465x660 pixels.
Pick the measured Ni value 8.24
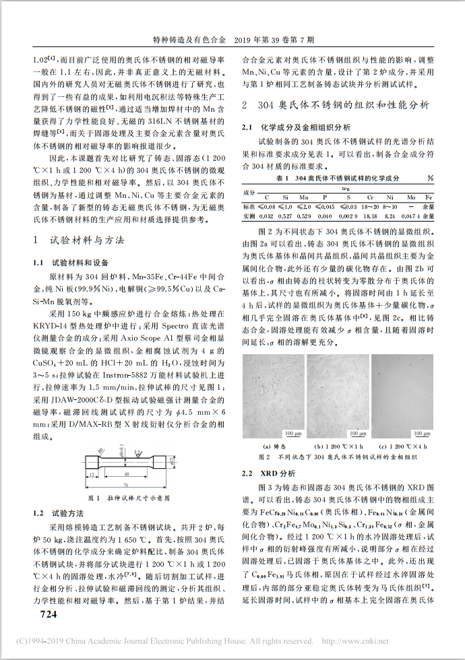pos(390,216)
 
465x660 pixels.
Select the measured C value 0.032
pos(266,216)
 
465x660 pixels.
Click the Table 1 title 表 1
pos(283,177)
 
